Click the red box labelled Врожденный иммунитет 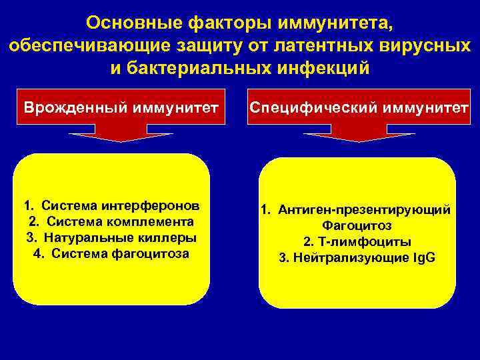click(x=121, y=107)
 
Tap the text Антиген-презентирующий click(x=364, y=210)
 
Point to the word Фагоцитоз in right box click(x=357, y=226)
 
